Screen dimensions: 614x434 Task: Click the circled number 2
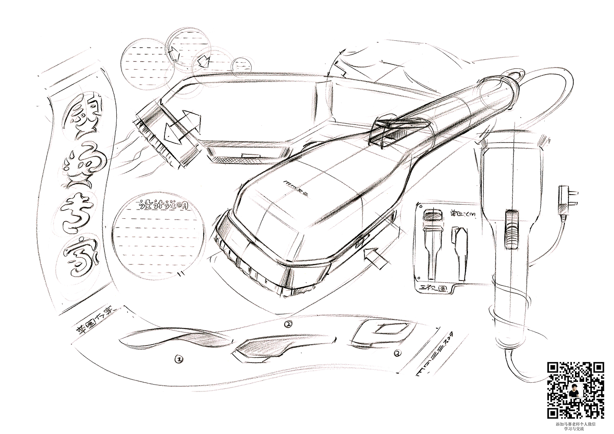coord(288,325)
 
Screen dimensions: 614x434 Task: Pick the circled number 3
coord(398,353)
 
